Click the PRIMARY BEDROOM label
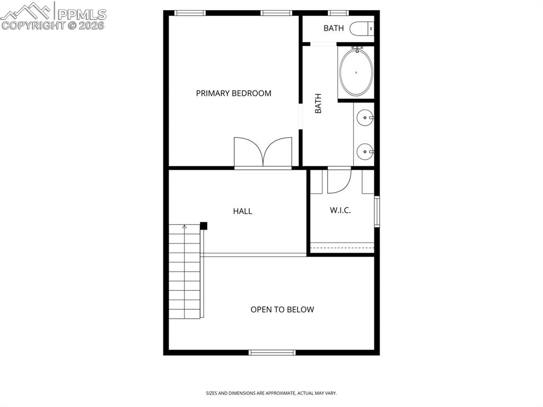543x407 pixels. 233,93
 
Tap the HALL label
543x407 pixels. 242,211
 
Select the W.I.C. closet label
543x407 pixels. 340,210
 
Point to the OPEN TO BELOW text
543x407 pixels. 282,309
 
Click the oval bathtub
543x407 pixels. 356,72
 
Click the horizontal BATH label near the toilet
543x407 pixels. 334,28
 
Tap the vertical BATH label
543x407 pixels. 318,103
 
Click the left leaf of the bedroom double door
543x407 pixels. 247,152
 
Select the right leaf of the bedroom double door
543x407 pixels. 278,152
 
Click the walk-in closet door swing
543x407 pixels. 338,180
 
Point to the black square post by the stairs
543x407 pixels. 203,226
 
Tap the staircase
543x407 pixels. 185,271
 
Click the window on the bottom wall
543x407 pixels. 272,352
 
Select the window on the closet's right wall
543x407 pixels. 376,211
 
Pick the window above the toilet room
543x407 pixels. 337,13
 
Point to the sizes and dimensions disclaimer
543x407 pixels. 271,393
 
